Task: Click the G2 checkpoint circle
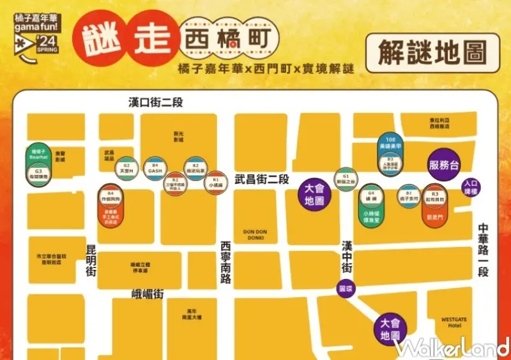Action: point(126,169)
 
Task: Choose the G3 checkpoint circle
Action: point(38,174)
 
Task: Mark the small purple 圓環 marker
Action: point(345,289)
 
